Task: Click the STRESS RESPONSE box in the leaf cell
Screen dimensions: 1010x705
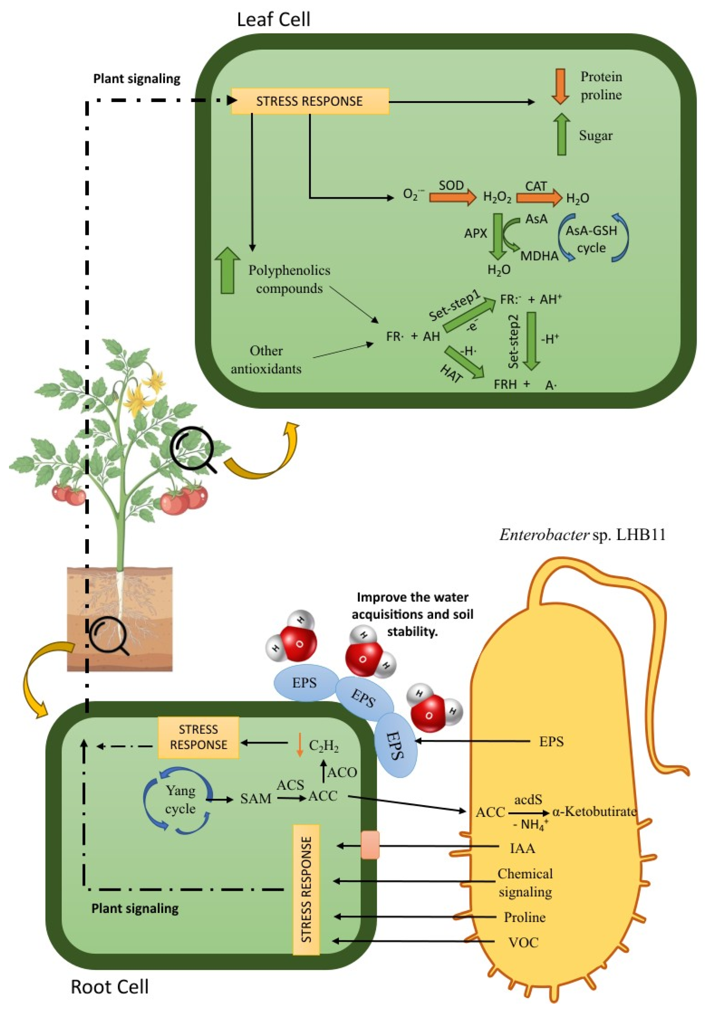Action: (310, 101)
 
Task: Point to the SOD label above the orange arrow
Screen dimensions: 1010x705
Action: (451, 186)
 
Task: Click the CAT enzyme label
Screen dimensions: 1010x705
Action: (535, 187)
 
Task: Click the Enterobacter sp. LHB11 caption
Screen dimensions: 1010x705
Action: (582, 535)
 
